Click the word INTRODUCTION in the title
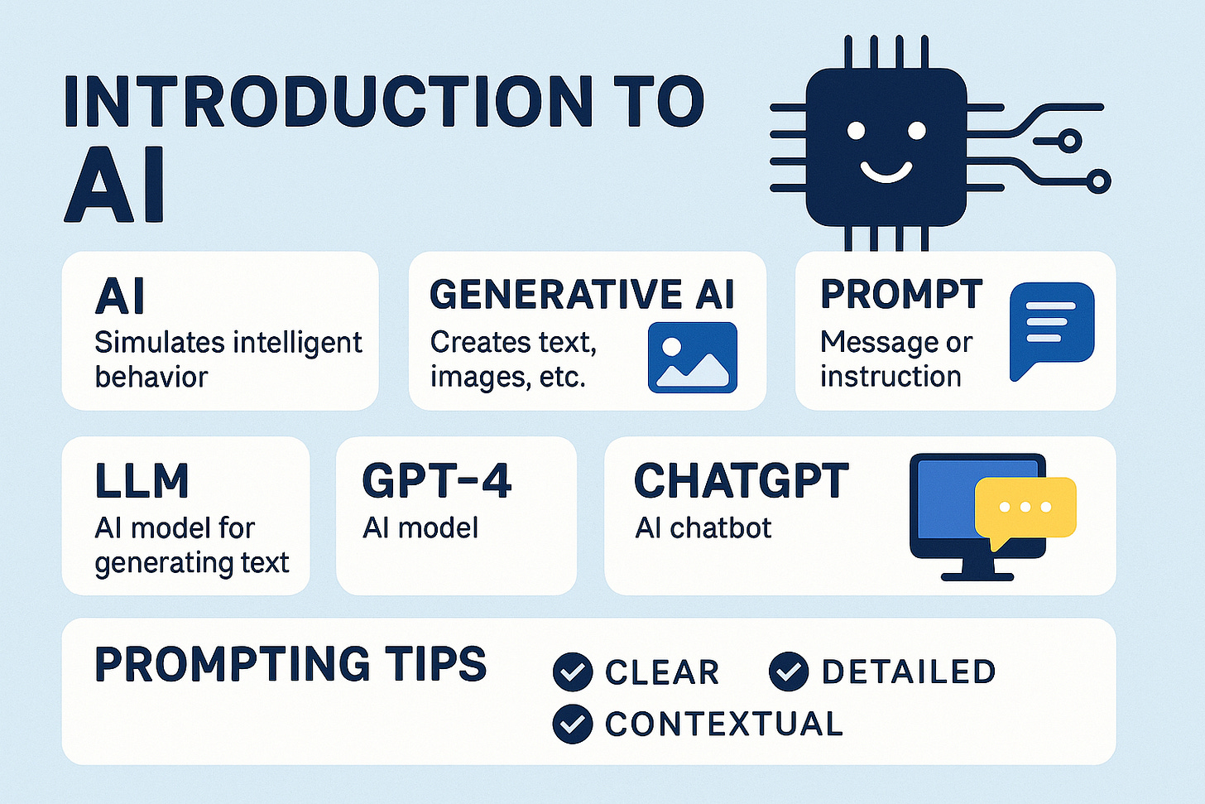coord(328,103)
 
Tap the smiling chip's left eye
coord(856,131)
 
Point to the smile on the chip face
coord(886,171)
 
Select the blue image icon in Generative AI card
coord(692,358)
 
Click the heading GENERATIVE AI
coord(582,295)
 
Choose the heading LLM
coord(142,481)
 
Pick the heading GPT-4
coord(436,481)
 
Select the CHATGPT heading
coord(741,481)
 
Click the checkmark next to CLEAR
coord(573,672)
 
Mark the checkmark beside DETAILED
coord(789,672)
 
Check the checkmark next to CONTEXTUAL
coord(573,724)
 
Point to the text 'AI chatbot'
coord(703,528)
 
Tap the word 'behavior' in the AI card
coord(151,377)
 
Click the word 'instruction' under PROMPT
coord(891,377)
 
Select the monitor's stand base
coord(977,575)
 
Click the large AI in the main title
coord(115,187)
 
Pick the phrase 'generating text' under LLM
coord(192,563)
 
